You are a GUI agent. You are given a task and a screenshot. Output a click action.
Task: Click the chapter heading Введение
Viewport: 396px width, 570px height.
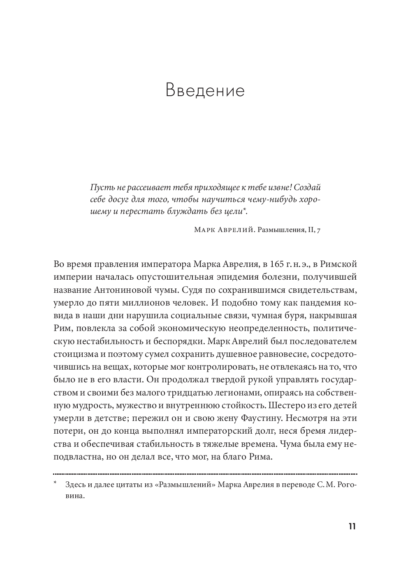point(205,90)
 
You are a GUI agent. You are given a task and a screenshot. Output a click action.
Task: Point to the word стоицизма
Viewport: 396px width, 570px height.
point(73,354)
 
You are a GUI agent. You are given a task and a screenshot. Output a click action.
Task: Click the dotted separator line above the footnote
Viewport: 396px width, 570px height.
point(205,474)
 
